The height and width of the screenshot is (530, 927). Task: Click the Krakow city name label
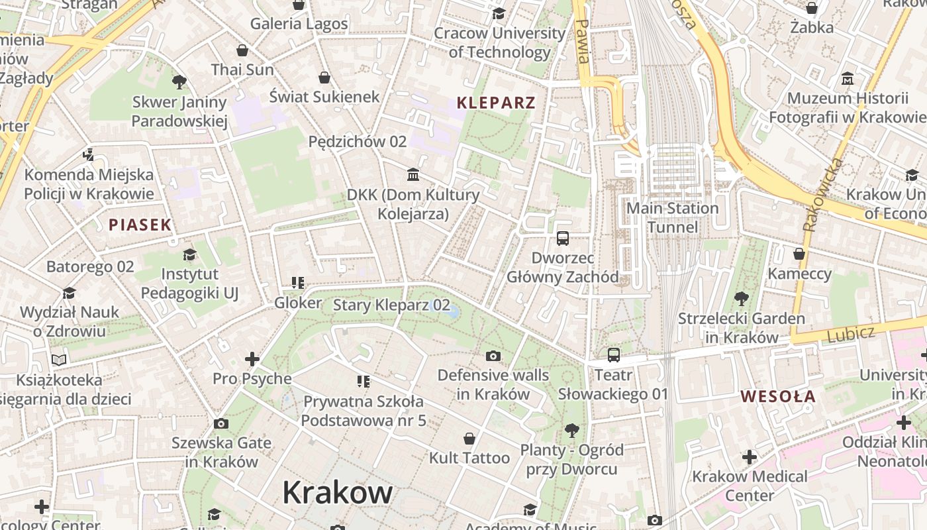tap(337, 493)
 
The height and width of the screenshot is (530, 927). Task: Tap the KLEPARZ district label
tap(496, 103)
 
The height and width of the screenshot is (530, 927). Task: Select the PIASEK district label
tap(140, 225)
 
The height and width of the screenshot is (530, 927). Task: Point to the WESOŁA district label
tap(778, 397)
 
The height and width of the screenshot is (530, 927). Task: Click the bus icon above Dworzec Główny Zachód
tap(563, 238)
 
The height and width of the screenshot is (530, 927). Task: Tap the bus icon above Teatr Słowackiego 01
tap(614, 355)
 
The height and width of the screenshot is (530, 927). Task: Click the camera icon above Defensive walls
tap(493, 356)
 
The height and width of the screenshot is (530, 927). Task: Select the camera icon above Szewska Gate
tap(221, 424)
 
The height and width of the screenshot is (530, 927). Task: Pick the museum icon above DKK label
tap(413, 175)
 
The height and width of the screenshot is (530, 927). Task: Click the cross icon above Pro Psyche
tap(252, 359)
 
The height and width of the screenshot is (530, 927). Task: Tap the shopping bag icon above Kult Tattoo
tap(469, 439)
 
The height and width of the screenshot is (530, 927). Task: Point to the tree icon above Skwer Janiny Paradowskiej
tap(179, 82)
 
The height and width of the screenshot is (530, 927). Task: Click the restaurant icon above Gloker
tap(298, 284)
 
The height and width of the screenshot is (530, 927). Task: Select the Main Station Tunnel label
tap(673, 217)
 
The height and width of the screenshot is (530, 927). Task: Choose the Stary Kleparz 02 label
tap(391, 305)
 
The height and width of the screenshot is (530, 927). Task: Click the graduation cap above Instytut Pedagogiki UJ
tap(189, 254)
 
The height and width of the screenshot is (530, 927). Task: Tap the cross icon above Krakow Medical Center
tap(750, 457)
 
